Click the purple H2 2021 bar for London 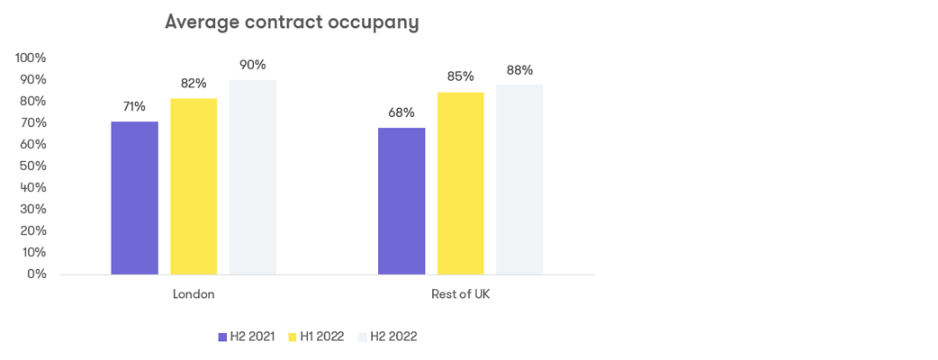134,198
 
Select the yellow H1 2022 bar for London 194,186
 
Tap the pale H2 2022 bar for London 252,177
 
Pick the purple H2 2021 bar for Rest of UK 401,201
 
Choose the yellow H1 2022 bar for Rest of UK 460,183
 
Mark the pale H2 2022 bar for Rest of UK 519,179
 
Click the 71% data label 134,106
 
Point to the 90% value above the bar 252,65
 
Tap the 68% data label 401,112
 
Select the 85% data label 460,76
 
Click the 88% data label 519,70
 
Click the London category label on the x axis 194,294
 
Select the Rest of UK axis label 460,294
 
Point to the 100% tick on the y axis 31,58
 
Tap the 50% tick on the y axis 32,166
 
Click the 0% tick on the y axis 36,274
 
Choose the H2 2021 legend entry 246,337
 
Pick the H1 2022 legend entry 315,337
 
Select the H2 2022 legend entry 387,337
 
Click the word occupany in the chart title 372,22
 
